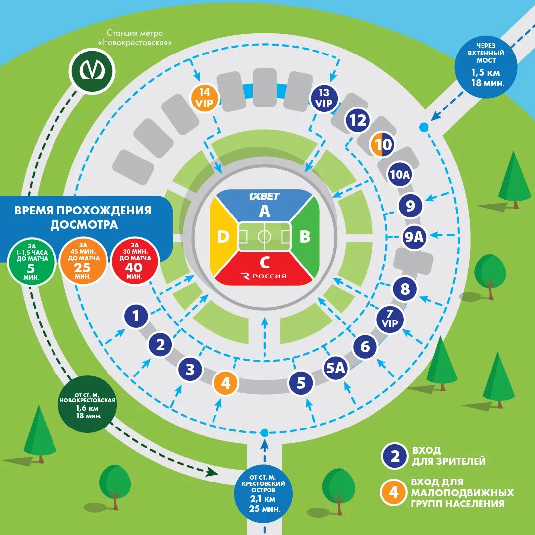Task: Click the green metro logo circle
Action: pos(92,71)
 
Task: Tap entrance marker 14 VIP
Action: pos(204,98)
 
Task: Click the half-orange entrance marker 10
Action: pos(381,145)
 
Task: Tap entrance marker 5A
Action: pos(336,368)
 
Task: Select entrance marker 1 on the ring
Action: pos(136,316)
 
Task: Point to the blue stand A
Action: pos(265,206)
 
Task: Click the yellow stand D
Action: pos(223,237)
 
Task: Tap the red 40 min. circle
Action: pos(135,263)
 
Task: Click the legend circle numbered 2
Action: pos(395,456)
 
